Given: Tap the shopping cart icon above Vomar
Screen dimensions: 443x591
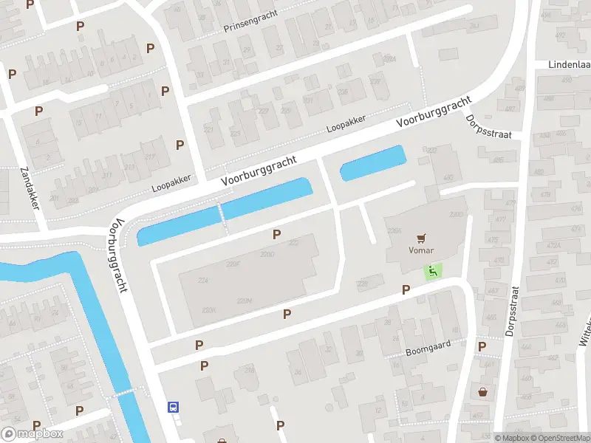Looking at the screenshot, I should coord(421,238).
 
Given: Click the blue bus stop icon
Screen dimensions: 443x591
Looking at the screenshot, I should coord(174,406).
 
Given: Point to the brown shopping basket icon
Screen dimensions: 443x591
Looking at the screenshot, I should coord(483,392).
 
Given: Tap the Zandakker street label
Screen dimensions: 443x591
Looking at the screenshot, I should coord(29,188).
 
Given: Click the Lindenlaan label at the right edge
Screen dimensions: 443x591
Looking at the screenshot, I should coord(569,65).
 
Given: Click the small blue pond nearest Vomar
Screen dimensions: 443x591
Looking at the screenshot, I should coord(373,162).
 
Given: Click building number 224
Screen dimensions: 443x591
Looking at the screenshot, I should coord(203,280).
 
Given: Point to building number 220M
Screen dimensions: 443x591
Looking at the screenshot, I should coord(245,301).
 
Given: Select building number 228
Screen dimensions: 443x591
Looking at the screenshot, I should coord(362,284).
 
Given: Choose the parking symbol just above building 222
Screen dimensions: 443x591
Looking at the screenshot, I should coord(276,234).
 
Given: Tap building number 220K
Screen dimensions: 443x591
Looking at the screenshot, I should coord(211,309).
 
